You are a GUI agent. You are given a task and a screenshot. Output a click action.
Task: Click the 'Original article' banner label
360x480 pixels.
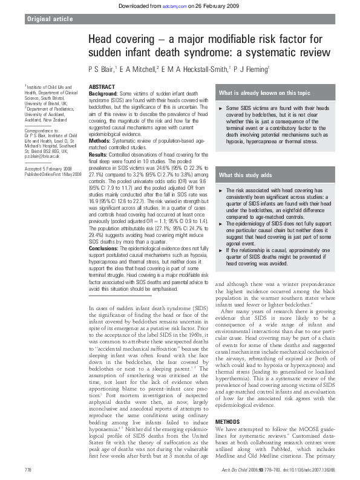(x=48, y=19)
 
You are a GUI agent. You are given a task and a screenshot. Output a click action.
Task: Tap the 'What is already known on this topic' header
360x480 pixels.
(x=264, y=93)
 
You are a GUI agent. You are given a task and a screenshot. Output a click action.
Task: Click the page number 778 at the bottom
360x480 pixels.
(x=27, y=469)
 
